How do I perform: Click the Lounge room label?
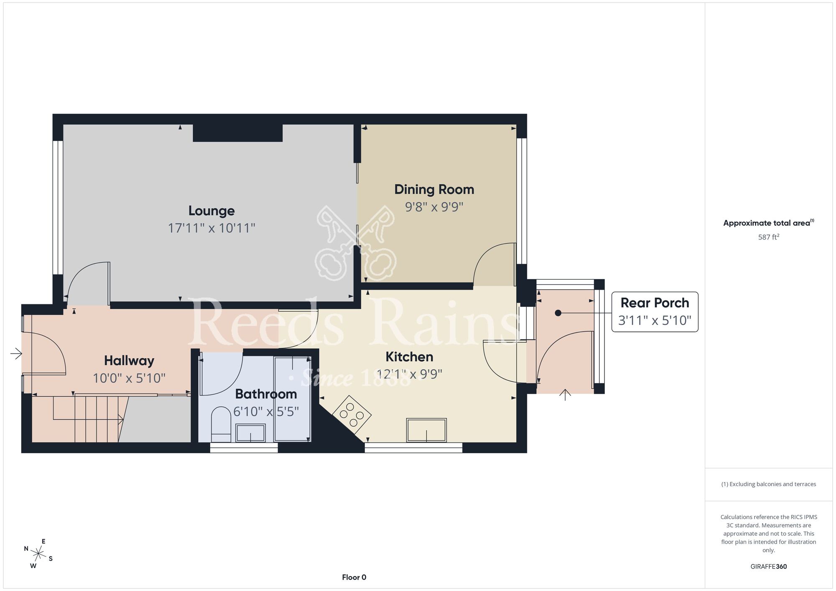212,211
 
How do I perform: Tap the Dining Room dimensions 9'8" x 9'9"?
434,207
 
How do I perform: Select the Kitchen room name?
409,357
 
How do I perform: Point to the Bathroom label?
266,394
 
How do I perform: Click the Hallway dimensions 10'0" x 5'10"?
129,378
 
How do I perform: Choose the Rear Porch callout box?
655,312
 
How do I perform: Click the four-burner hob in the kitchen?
352,414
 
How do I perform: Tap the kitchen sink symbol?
426,430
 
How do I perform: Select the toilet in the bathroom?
221,425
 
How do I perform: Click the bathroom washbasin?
250,433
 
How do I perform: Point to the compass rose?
38,554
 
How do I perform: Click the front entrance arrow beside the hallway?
16,354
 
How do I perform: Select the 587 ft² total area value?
769,237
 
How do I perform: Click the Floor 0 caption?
354,577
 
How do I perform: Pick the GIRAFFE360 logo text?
769,567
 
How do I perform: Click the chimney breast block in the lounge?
237,133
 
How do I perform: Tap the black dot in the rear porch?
558,313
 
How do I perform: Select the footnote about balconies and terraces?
769,484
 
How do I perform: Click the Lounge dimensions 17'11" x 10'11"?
212,228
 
